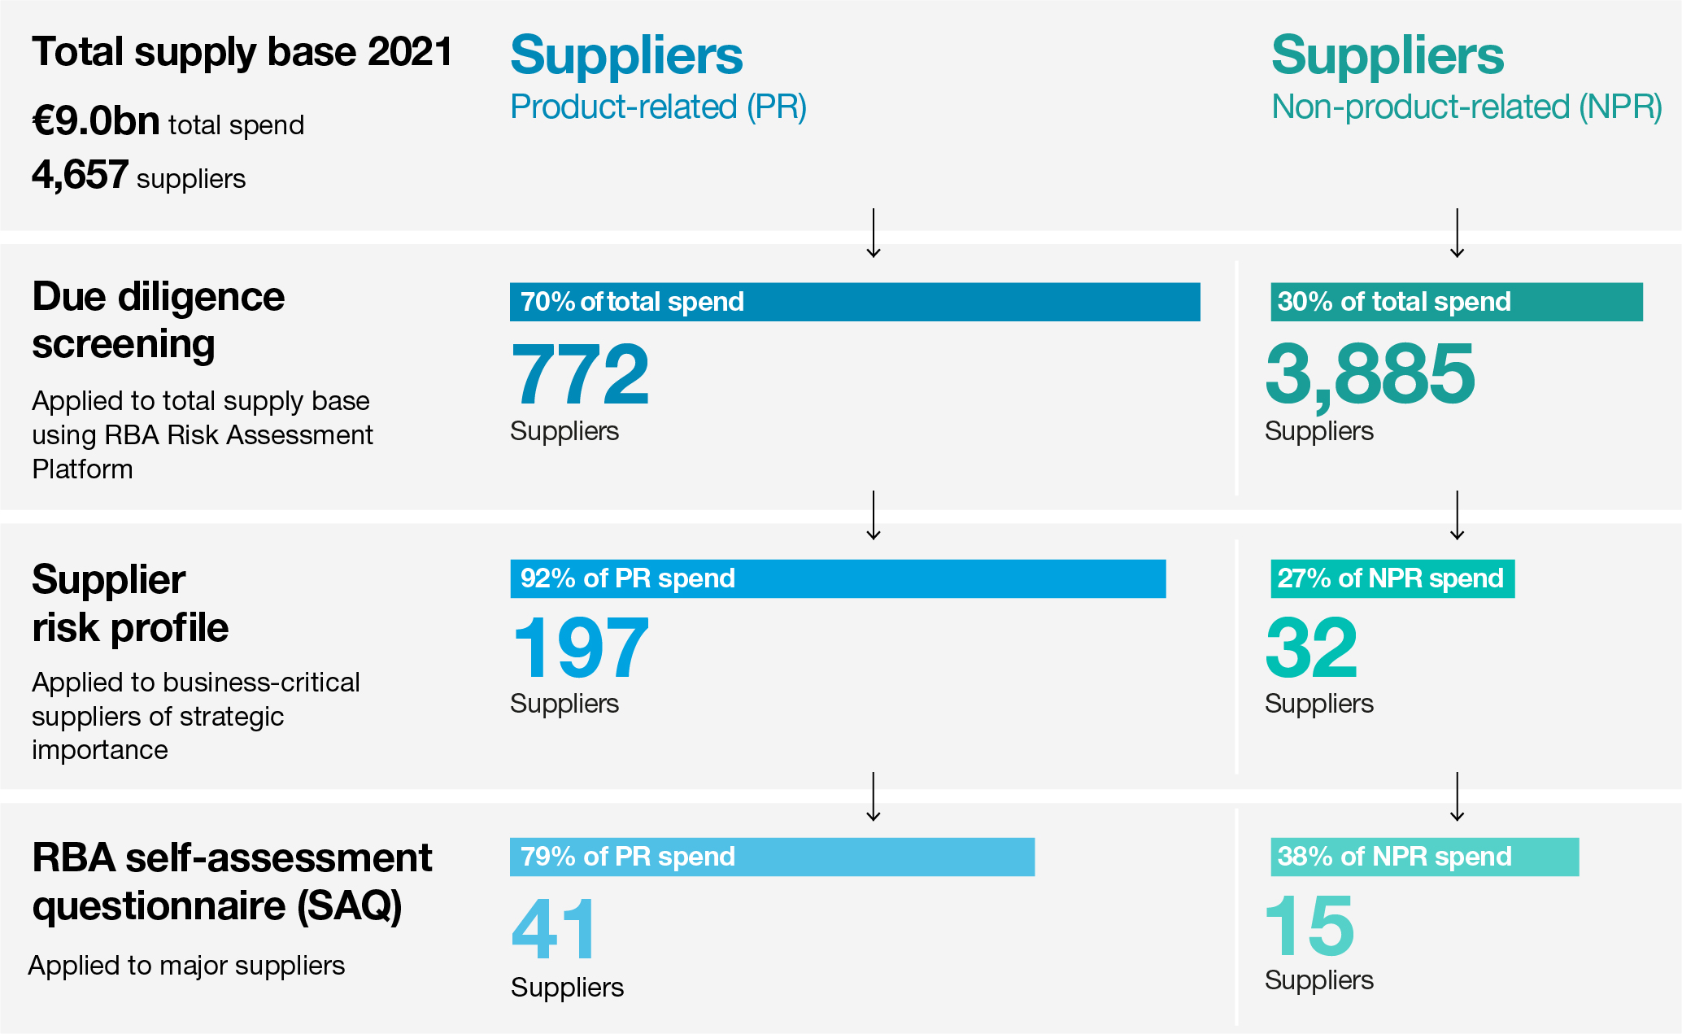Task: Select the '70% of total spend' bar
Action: tap(854, 302)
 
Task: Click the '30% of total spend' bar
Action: tap(1456, 302)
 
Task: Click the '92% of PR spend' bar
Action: tap(838, 578)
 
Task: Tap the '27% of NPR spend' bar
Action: tap(1392, 578)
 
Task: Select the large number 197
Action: tap(580, 648)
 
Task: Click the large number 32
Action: tap(1311, 648)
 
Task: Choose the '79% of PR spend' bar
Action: tap(772, 857)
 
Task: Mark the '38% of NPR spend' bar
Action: tap(1424, 857)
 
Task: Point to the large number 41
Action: tap(554, 928)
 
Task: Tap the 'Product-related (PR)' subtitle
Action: tap(658, 107)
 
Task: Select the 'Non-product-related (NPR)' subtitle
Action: tap(1466, 107)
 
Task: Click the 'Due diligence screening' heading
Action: tap(159, 320)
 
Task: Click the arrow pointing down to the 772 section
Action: tap(874, 233)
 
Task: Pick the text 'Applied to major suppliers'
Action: tap(186, 966)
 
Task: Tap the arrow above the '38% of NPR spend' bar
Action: tap(1457, 796)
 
